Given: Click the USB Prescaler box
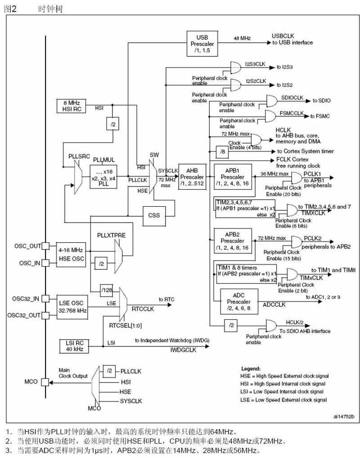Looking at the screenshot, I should click(202, 44).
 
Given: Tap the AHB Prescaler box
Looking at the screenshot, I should click(193, 177).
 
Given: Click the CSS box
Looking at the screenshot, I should click(153, 215).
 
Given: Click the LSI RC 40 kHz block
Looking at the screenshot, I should click(75, 346).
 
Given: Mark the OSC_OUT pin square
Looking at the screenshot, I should click(45, 246).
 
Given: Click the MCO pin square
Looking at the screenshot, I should click(45, 382).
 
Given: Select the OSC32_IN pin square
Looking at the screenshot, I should click(45, 299).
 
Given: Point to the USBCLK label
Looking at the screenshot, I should click(283, 36).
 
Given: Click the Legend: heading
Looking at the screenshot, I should click(251, 368).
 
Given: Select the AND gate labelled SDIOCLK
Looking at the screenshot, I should click(272, 101).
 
